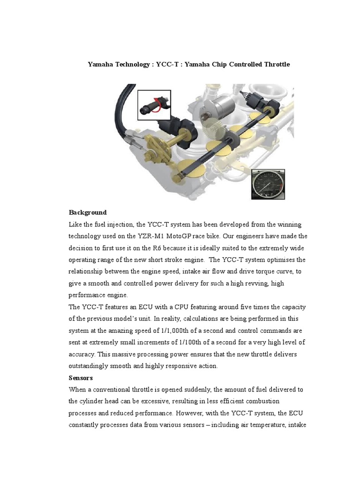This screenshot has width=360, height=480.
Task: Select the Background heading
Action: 88,212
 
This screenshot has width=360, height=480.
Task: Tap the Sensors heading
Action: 81,377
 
